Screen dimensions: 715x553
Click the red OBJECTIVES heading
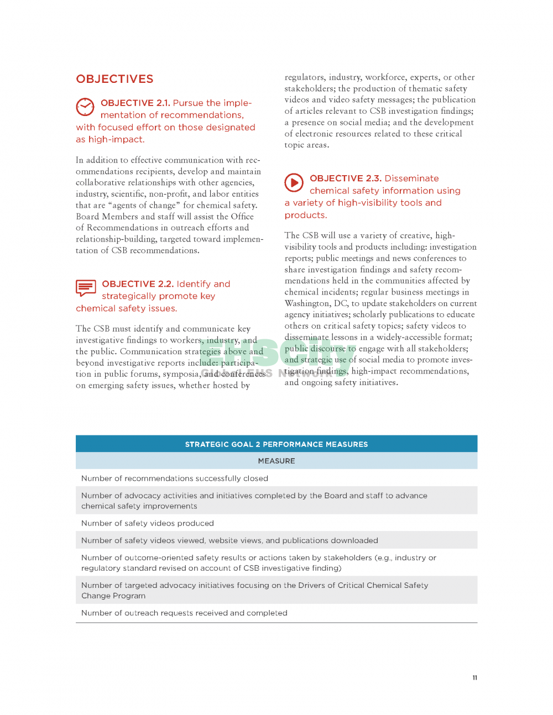click(114, 79)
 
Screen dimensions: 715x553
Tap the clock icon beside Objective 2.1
click(85, 107)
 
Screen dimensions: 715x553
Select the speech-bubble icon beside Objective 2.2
click(86, 288)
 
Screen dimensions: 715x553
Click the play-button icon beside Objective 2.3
click(294, 182)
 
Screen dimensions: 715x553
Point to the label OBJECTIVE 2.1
click(135, 103)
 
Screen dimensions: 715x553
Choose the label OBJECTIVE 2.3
click(345, 178)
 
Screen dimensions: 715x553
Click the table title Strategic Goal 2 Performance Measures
click(276, 444)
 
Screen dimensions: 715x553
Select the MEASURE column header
click(276, 461)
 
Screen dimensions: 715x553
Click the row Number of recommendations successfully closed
click(175, 479)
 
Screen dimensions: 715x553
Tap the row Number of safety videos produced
click(148, 523)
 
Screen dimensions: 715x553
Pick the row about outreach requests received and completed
click(184, 613)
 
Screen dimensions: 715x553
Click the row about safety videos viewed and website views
click(229, 540)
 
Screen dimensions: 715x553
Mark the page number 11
click(474, 678)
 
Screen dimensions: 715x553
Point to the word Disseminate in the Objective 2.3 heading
click(411, 178)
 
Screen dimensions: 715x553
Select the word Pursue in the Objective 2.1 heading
click(188, 103)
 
